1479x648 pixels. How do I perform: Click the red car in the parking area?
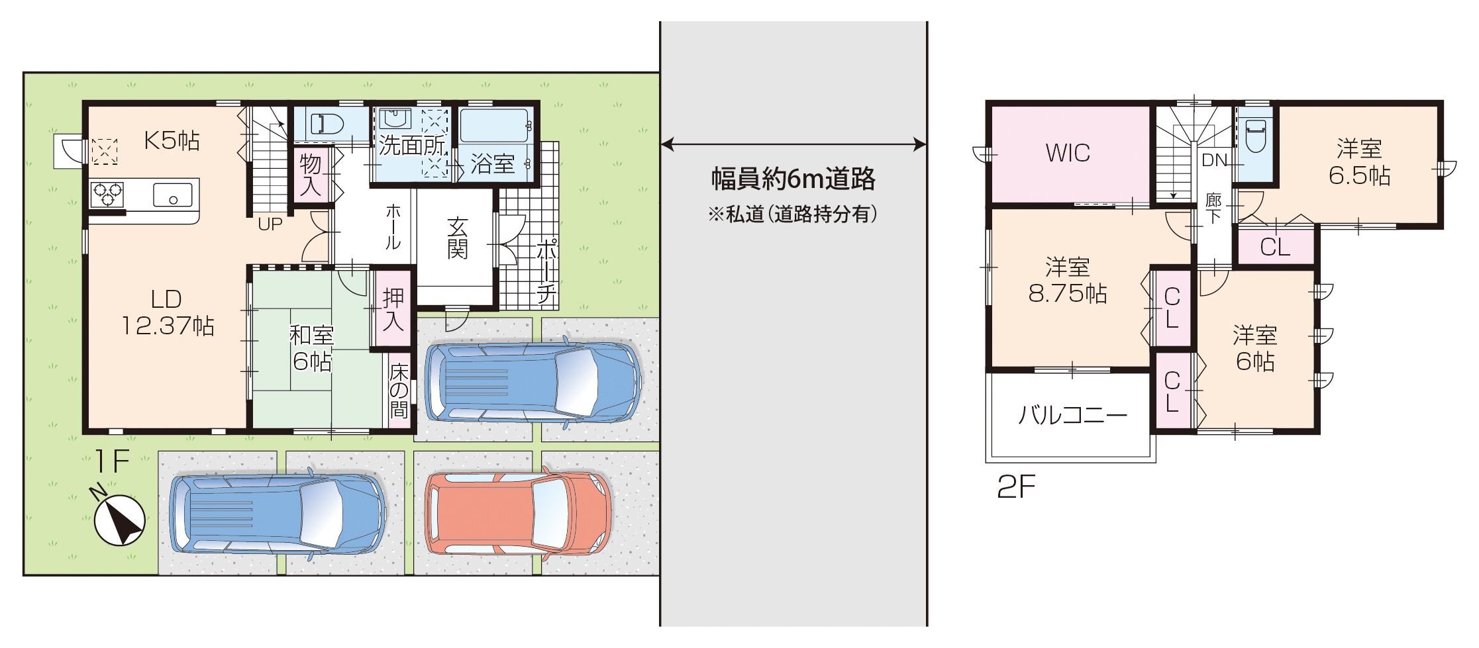click(517, 514)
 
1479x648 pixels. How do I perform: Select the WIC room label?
click(1068, 153)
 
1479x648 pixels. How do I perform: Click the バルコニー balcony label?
click(1072, 415)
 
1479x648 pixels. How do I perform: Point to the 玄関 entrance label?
click(457, 238)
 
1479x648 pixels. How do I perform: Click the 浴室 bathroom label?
click(493, 163)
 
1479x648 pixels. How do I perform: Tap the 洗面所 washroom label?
click(411, 145)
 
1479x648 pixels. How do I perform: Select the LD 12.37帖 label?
click(167, 312)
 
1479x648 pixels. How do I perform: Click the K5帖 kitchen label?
click(172, 140)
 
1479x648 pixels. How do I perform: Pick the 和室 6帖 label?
click(312, 348)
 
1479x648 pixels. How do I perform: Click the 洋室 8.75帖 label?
click(1068, 280)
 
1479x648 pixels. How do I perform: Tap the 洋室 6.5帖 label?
click(1359, 162)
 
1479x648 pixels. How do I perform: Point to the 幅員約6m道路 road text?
click(793, 179)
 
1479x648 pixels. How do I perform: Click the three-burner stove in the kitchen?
click(107, 195)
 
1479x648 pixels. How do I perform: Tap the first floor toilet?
click(327, 124)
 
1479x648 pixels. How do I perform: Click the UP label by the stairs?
click(270, 224)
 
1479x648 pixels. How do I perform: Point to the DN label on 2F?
click(1215, 160)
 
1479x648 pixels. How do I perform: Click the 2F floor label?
click(1016, 487)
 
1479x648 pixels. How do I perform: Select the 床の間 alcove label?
click(399, 391)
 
